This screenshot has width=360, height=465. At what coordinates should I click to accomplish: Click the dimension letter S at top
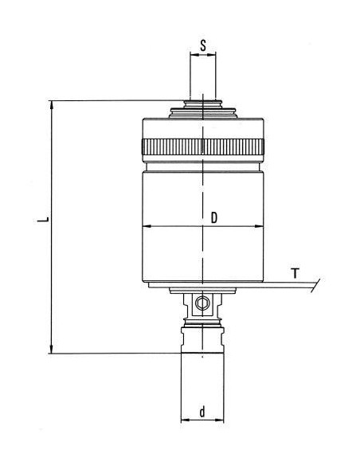pos(203,45)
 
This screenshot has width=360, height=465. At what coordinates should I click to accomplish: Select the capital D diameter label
pos(213,217)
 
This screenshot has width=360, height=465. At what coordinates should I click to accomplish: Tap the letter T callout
pos(295,273)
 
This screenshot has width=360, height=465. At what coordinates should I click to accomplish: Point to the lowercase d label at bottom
pos(202,412)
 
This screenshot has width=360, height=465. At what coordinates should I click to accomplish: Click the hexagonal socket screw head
pos(202,303)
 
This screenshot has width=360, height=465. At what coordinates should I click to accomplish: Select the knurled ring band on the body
pos(203,147)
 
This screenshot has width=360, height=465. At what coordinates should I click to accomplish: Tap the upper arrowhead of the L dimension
pos(52,105)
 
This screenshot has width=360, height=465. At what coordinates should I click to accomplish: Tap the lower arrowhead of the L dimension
pos(52,349)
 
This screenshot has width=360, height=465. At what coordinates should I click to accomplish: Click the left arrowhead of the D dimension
pos(147,226)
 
